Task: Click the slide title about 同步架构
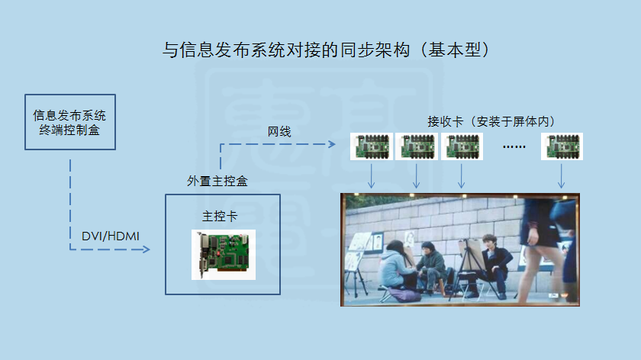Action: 326,50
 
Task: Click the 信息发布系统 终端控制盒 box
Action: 70,122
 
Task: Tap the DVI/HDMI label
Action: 111,236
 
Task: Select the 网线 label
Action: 279,132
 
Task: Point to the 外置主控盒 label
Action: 217,181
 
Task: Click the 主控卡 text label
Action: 220,216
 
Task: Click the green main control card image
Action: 224,255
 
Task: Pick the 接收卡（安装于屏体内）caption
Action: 491,121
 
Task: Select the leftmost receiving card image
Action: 372,146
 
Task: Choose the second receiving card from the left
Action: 417,146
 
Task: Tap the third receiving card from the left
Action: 462,146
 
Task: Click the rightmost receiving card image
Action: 562,146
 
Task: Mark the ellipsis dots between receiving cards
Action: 514,146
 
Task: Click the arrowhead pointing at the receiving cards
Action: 332,144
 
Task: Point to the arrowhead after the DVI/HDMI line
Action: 147,249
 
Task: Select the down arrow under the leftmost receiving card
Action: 371,176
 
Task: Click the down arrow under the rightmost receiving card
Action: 562,176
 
